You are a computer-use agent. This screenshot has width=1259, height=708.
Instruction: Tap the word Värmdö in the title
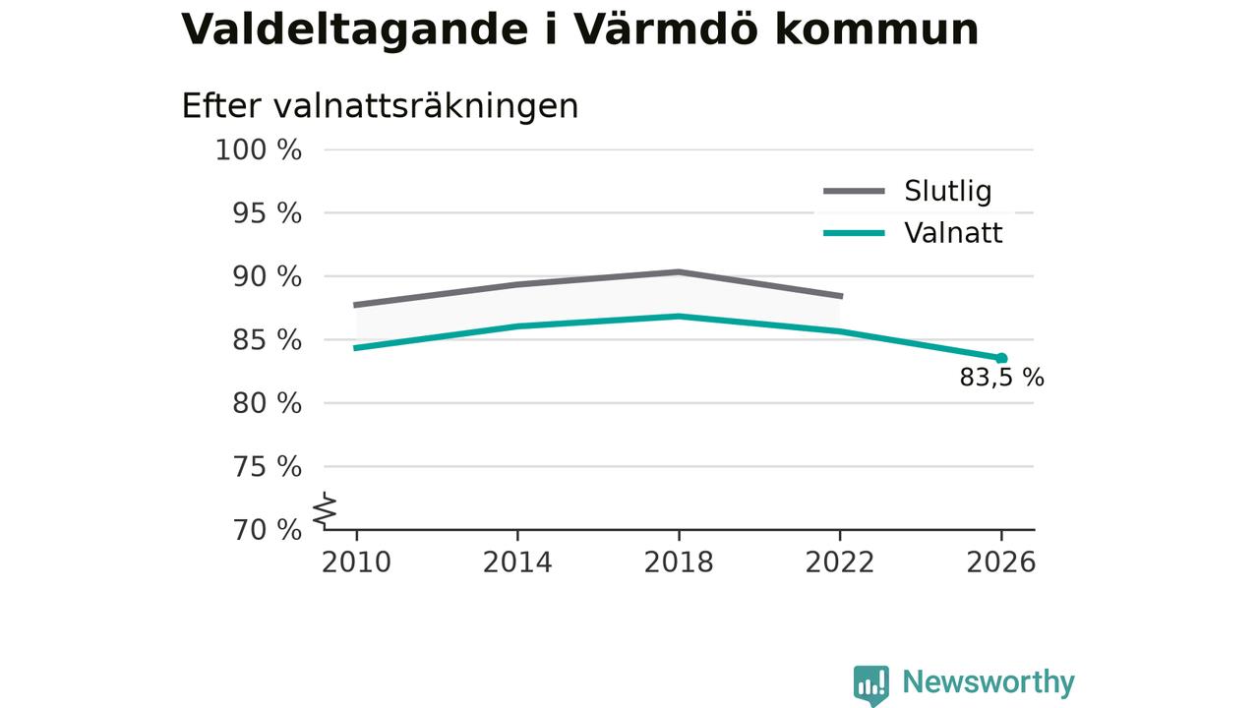tap(664, 29)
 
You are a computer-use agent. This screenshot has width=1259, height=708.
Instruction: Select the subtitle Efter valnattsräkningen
tap(380, 106)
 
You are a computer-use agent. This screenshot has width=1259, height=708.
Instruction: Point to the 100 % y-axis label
tap(259, 150)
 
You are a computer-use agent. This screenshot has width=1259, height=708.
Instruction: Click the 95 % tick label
tap(267, 213)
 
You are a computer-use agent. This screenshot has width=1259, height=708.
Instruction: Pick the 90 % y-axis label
tap(267, 277)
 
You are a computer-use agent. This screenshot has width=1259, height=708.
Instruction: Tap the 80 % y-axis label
tap(267, 403)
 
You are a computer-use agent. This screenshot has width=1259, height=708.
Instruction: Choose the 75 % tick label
tap(267, 467)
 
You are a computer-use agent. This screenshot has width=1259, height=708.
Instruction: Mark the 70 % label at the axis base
tap(267, 530)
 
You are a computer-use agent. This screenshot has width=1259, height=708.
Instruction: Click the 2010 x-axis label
tap(356, 562)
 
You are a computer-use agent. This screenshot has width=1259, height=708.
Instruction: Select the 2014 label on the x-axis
tap(517, 562)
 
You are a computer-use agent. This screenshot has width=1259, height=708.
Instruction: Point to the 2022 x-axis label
tap(840, 562)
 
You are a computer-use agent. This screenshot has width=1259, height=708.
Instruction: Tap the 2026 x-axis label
tap(1001, 562)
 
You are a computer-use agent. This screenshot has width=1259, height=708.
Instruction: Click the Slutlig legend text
tap(948, 192)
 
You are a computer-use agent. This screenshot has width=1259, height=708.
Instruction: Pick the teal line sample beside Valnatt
tap(855, 233)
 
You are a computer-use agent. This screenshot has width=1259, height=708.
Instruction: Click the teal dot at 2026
tap(1001, 359)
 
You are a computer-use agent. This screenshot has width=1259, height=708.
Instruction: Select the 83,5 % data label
tap(1002, 378)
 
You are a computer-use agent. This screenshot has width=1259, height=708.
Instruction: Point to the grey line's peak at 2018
tap(679, 272)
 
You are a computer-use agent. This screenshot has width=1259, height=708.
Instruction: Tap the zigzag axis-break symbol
tap(325, 510)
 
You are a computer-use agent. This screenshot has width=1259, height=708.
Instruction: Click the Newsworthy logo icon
tap(871, 684)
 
